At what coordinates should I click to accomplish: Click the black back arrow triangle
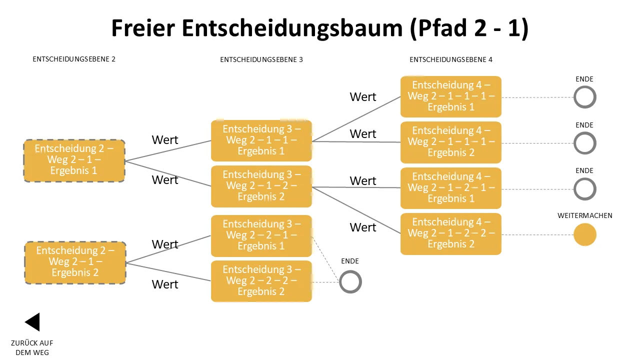pyautogui.click(x=33, y=322)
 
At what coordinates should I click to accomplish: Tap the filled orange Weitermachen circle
pyautogui.click(x=585, y=234)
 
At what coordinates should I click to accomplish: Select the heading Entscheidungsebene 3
pyautogui.click(x=261, y=59)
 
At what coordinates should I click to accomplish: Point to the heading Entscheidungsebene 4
pyautogui.click(x=451, y=59)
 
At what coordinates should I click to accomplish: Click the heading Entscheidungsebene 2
pyautogui.click(x=74, y=59)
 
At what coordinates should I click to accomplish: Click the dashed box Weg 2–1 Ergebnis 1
pyautogui.click(x=74, y=160)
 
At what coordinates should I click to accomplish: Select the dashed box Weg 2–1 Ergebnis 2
pyautogui.click(x=75, y=262)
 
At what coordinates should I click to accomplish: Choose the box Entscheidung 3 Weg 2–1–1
pyautogui.click(x=261, y=140)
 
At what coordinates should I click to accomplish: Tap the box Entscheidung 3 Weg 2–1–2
pyautogui.click(x=261, y=186)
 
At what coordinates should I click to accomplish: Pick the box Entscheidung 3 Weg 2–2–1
pyautogui.click(x=261, y=235)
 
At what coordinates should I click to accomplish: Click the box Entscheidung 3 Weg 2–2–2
pyautogui.click(x=261, y=281)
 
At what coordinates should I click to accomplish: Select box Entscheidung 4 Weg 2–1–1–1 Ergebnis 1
pyautogui.click(x=451, y=96)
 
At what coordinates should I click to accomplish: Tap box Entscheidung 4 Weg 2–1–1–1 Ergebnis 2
pyautogui.click(x=451, y=142)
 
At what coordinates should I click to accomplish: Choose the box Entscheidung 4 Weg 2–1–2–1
pyautogui.click(x=451, y=188)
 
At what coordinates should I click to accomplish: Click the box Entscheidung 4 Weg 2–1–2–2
pyautogui.click(x=451, y=233)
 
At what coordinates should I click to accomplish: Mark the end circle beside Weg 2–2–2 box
pyautogui.click(x=340, y=282)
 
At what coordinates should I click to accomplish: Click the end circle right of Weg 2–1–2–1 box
pyautogui.click(x=575, y=189)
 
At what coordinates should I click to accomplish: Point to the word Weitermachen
pyautogui.click(x=585, y=215)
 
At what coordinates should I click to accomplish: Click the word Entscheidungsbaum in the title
pyautogui.click(x=292, y=28)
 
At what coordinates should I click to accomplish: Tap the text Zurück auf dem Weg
pyautogui.click(x=32, y=347)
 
